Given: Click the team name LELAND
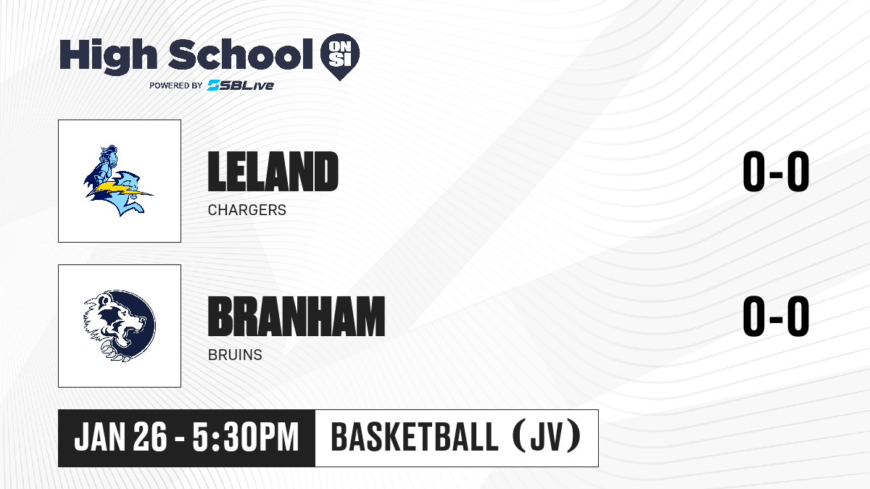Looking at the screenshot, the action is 273,171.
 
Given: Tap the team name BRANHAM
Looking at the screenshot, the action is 297,317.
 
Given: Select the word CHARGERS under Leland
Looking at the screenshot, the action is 247,210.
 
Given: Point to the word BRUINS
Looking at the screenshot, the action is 235,355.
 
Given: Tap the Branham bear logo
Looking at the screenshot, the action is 120,326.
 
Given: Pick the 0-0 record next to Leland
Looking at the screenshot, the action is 776,171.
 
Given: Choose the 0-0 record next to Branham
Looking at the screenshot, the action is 776,317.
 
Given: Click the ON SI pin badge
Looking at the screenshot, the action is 340,57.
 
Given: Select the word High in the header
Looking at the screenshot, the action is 108,55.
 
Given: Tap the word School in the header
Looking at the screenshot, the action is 241,54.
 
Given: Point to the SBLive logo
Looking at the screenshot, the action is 241,85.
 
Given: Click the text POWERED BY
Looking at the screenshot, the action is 176,85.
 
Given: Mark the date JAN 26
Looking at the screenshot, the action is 120,438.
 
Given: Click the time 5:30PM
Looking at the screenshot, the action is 246,438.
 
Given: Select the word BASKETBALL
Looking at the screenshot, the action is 415,438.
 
